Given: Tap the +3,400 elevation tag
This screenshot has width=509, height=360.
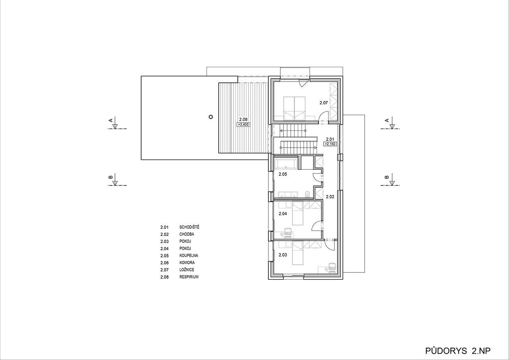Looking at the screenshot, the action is tap(243, 125).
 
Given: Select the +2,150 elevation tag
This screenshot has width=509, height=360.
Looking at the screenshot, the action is tap(330, 144).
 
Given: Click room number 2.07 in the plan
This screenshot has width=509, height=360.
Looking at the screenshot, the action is tap(324, 103).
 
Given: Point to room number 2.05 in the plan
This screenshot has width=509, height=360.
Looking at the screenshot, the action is tap(283, 174).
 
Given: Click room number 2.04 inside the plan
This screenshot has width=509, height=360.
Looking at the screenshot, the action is tap(283, 214).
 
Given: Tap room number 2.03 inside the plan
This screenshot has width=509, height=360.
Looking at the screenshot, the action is tap(283, 255).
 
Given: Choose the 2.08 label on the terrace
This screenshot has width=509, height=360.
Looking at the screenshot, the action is tap(243, 119).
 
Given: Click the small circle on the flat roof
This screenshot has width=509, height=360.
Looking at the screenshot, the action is tap(211, 117).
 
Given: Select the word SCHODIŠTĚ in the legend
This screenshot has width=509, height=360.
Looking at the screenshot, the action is tap(189, 227).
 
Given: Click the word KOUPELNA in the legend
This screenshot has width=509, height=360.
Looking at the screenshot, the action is tap(188, 255).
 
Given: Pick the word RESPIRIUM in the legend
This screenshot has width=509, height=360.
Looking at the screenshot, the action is tap(189, 277).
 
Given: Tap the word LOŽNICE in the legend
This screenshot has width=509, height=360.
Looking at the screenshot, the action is tap(187, 270).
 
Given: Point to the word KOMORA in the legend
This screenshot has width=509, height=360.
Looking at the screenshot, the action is tap(187, 263).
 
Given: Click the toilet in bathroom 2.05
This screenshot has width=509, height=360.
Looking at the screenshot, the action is tap(308, 194).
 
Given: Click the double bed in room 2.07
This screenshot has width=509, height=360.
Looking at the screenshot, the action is tap(294, 109).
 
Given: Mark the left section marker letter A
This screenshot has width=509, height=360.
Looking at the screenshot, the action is tap(111, 120).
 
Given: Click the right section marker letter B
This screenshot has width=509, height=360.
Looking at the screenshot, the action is tap(387, 177).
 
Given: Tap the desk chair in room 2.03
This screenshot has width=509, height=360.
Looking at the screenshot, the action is tap(332, 267).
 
